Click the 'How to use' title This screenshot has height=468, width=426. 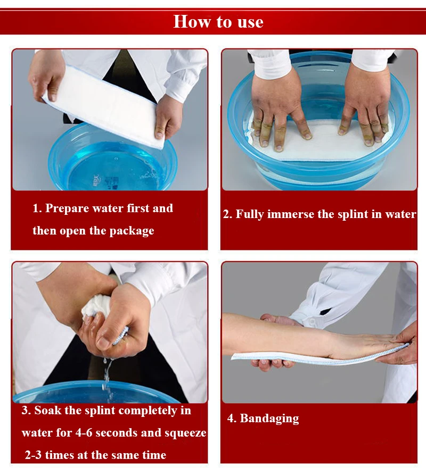point(218,22)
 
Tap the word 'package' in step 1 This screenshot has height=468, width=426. point(132,231)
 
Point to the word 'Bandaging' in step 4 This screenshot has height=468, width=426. point(269,419)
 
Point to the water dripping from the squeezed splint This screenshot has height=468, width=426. point(108,379)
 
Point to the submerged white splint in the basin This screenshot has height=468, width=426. point(320,140)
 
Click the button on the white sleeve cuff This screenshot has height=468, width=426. point(312,322)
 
